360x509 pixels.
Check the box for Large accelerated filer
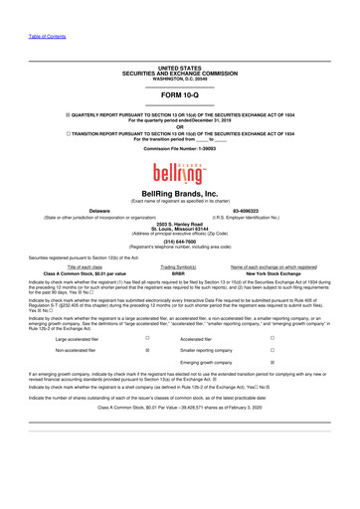147,338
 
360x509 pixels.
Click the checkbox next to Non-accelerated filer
147,351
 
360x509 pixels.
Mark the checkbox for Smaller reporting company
286,351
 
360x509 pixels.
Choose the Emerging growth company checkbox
286,364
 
